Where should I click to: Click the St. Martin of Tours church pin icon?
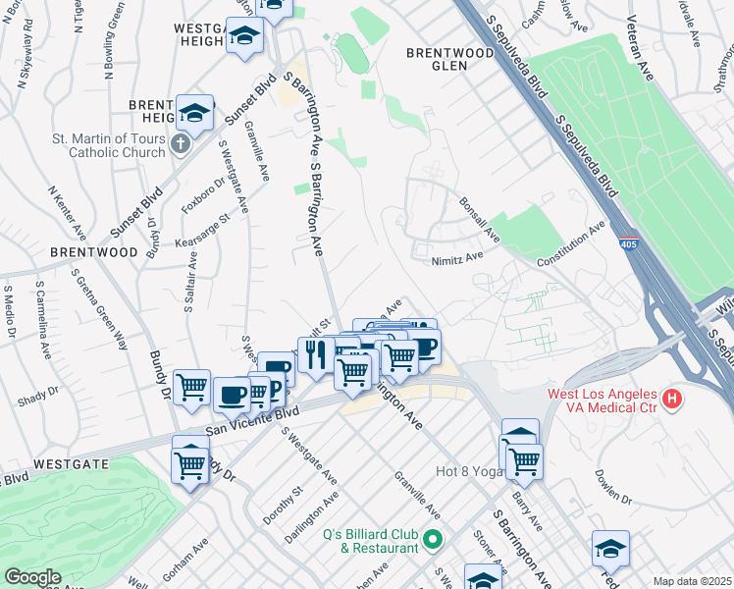pyautogui.click(x=179, y=145)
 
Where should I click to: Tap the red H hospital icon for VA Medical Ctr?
pyautogui.click(x=672, y=399)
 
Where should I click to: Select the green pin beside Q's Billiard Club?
pyautogui.click(x=434, y=540)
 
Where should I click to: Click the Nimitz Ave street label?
pyautogui.click(x=457, y=258)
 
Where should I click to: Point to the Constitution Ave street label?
pyautogui.click(x=571, y=244)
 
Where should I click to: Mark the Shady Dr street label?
pyautogui.click(x=38, y=396)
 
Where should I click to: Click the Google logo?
pyautogui.click(x=32, y=577)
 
